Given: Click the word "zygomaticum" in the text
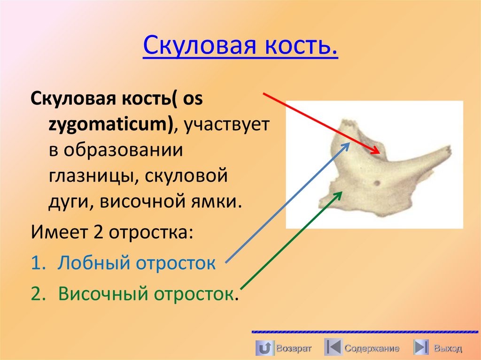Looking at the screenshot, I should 109,124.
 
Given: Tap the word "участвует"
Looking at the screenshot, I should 226,124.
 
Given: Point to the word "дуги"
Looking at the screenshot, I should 63,203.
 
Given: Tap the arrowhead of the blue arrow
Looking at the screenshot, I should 348,144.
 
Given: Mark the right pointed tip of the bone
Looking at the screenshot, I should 451,150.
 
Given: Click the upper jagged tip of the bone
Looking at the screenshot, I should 348,123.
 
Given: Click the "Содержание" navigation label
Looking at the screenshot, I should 372,348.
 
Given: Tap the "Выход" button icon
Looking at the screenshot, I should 420,348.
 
